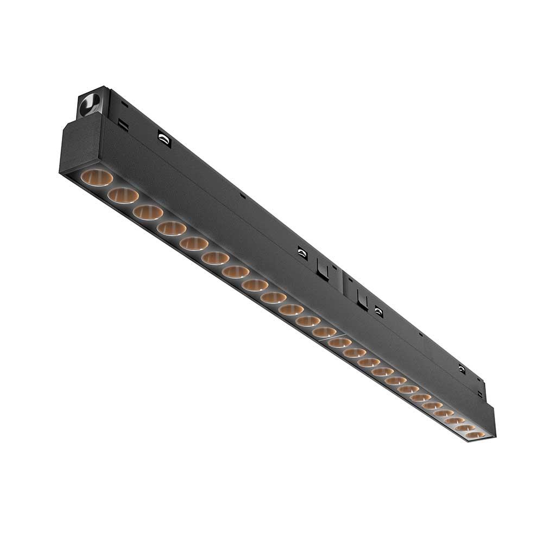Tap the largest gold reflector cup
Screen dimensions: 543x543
click(97, 178)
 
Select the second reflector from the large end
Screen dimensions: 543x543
click(123, 195)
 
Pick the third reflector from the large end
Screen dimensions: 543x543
click(148, 212)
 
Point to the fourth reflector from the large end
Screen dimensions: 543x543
click(172, 229)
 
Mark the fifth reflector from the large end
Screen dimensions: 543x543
click(194, 243)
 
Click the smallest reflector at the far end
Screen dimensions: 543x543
click(475, 435)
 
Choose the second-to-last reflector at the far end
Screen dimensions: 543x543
click(465, 428)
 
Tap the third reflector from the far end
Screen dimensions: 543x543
click(454, 420)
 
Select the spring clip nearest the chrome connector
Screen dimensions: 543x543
click(164, 139)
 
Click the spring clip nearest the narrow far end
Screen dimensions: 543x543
click(462, 369)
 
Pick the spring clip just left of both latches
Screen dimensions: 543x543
click(302, 252)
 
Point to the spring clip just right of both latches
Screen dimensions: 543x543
click(378, 312)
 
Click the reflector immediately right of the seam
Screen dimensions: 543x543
click(340, 342)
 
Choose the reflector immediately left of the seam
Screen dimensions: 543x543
click(324, 331)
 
